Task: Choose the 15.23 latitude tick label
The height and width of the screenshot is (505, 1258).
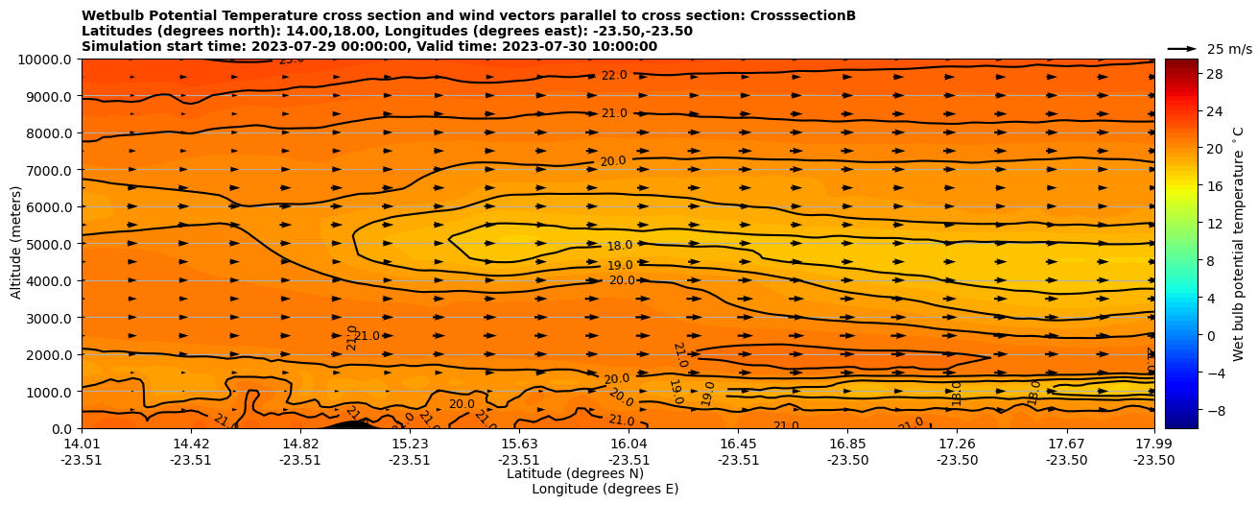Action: pos(410,444)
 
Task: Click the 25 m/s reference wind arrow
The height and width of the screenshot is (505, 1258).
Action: pos(1182,48)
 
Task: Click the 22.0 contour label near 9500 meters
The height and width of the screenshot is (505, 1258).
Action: pos(614,76)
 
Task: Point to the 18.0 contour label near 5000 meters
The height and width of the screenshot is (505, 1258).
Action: pos(620,247)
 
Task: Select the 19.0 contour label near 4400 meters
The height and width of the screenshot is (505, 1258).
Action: pos(620,266)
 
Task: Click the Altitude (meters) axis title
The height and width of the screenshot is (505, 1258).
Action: pos(16,243)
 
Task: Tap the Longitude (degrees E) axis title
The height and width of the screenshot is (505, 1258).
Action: pos(605,489)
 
